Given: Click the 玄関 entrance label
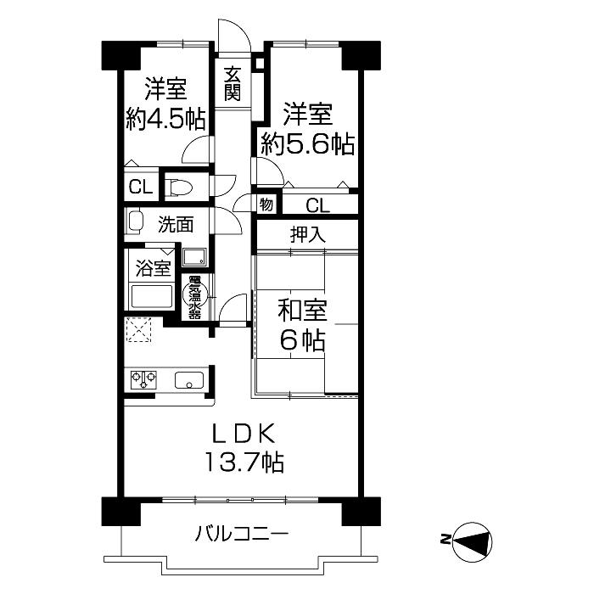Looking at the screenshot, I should tap(232, 82).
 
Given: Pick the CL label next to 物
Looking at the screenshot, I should tap(317, 205).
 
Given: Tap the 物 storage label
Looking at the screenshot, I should tap(266, 205).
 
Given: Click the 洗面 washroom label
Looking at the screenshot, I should tap(176, 225).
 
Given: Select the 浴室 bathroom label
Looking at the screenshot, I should tap(154, 269).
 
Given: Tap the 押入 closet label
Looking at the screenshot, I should tap(309, 234).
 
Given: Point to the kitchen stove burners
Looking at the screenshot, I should tap(143, 380).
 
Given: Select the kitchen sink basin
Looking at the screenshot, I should tap(188, 380).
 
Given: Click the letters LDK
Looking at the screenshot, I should tap(242, 434).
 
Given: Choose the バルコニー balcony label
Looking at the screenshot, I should tap(242, 535).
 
